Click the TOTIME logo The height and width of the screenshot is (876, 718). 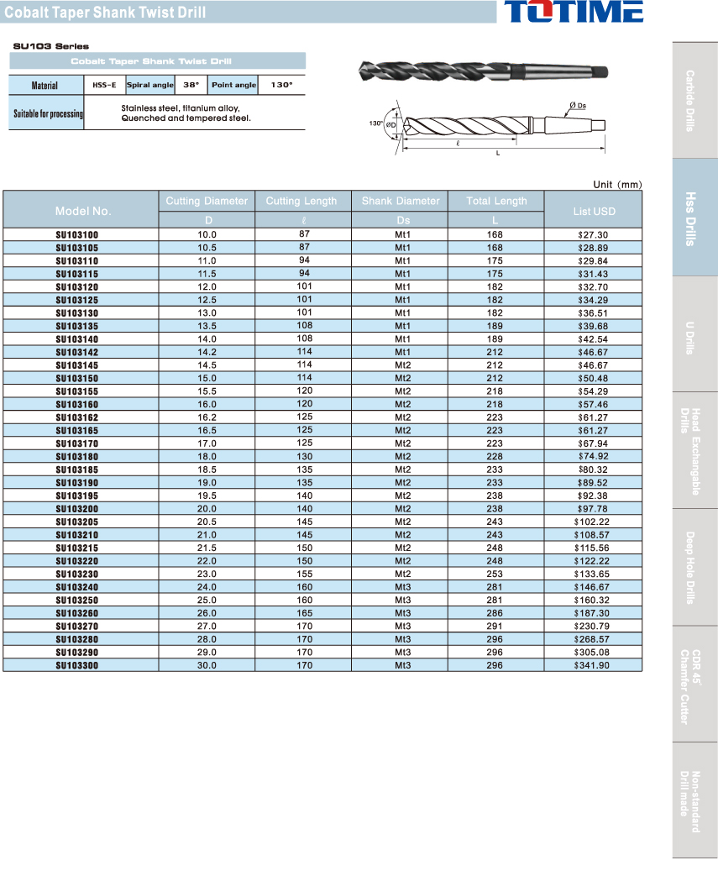[x=574, y=13]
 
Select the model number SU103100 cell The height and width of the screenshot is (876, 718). [x=77, y=235]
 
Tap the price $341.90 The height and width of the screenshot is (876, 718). [x=592, y=665]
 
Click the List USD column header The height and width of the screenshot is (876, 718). [x=593, y=212]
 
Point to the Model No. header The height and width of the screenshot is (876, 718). [x=82, y=212]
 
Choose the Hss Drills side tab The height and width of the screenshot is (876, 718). [x=694, y=218]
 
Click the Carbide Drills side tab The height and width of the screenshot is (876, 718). [x=694, y=101]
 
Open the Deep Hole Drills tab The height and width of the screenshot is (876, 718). [x=694, y=568]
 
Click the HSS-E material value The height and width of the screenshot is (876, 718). [x=104, y=86]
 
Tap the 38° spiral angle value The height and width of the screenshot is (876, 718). [x=191, y=86]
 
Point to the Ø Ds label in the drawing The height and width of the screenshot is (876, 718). [x=577, y=104]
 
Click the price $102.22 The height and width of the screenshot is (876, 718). [x=592, y=522]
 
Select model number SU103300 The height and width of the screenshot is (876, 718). [x=77, y=665]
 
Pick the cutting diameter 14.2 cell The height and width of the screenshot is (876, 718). [x=207, y=352]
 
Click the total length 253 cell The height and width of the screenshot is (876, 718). [x=495, y=574]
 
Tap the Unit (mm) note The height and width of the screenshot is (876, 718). [x=617, y=184]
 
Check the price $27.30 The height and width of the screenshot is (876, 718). [x=592, y=235]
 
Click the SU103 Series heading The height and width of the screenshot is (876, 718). [x=50, y=46]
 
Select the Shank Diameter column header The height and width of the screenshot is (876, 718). [x=400, y=202]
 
